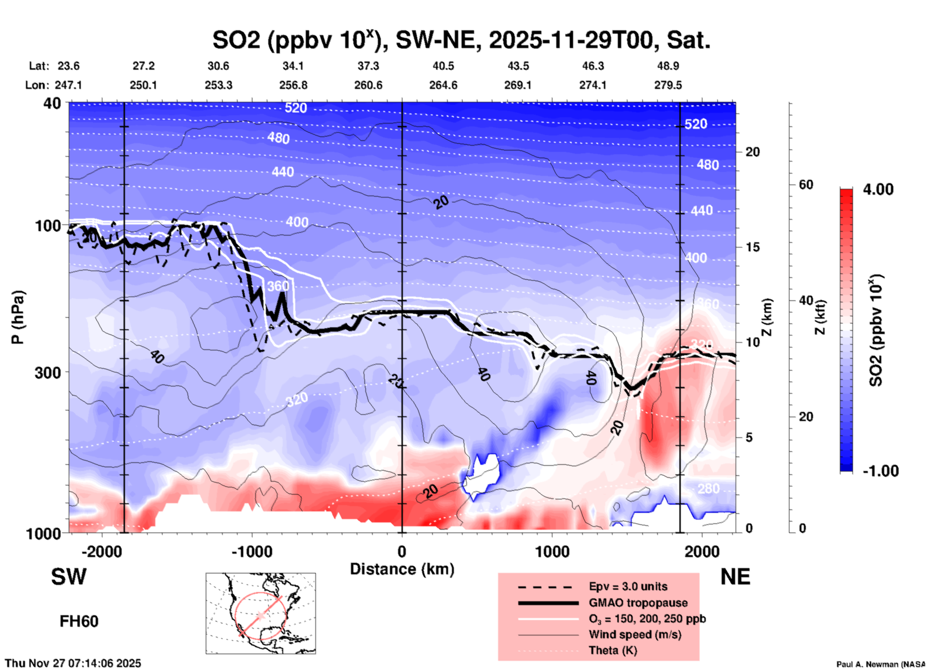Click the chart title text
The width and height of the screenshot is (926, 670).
[462, 40]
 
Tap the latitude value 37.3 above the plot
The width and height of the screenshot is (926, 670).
[368, 66]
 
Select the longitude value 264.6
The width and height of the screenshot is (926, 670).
[443, 86]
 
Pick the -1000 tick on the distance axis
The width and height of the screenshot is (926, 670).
[251, 552]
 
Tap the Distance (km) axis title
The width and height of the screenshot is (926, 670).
[402, 569]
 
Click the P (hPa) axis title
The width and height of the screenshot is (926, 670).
[17, 317]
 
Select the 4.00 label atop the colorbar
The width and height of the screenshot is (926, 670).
[878, 189]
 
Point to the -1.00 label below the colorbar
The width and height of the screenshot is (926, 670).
[880, 471]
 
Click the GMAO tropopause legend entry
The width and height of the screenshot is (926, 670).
[638, 603]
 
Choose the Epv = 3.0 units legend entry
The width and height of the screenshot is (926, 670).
[628, 587]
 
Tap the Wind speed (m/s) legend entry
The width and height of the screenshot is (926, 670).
[635, 635]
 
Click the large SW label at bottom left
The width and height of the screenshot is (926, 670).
[69, 577]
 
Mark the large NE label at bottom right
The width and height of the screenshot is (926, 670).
[735, 577]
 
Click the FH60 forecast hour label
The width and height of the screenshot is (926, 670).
[79, 621]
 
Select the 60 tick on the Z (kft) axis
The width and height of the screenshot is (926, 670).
[806, 185]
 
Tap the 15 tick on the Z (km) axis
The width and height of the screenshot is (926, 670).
[753, 247]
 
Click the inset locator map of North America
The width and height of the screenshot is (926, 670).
[261, 613]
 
